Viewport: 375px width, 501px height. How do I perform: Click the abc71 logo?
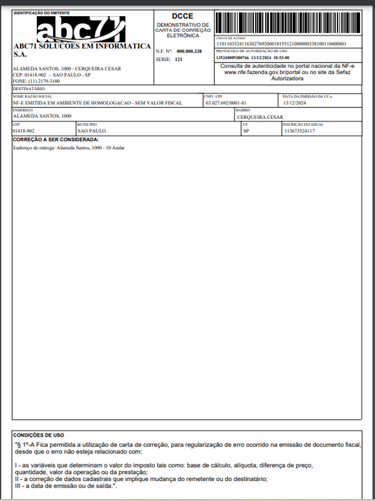click(80, 29)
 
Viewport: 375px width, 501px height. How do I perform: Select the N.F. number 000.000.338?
click(189, 52)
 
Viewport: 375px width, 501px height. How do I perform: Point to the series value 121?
click(179, 60)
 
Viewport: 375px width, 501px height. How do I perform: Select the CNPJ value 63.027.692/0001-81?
click(226, 103)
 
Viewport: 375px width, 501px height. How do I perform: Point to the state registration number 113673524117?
click(299, 130)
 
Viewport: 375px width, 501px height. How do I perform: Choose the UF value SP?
click(246, 130)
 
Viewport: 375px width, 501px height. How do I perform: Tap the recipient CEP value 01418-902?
click(23, 130)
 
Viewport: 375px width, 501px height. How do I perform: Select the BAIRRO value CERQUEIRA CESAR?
click(260, 117)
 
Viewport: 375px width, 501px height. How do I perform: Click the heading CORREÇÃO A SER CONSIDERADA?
click(55, 140)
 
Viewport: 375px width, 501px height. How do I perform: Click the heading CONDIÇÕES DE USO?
click(38, 435)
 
